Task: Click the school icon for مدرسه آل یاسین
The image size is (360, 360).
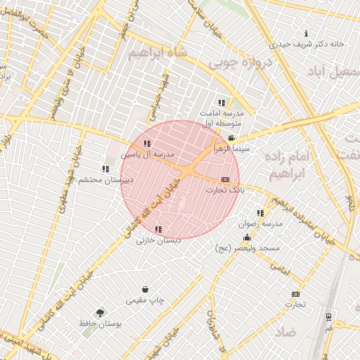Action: [x=146, y=143]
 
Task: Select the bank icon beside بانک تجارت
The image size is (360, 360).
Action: [x=225, y=179]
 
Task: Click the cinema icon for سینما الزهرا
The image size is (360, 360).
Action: [x=232, y=137]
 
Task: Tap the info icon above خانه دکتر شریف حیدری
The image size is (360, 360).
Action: [x=306, y=34]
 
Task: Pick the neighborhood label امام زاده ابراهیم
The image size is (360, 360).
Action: [x=288, y=164]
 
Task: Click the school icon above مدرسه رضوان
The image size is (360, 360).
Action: [x=260, y=213]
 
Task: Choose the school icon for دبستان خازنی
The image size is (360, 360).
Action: [x=158, y=229]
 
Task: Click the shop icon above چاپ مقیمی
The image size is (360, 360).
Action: [x=146, y=289]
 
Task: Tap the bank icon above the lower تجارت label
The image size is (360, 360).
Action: [x=295, y=294]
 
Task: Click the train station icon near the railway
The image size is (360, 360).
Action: [x=328, y=316]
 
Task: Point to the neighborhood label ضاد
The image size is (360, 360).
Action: [x=286, y=330]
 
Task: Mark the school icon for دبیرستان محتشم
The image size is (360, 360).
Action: [x=105, y=169]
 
